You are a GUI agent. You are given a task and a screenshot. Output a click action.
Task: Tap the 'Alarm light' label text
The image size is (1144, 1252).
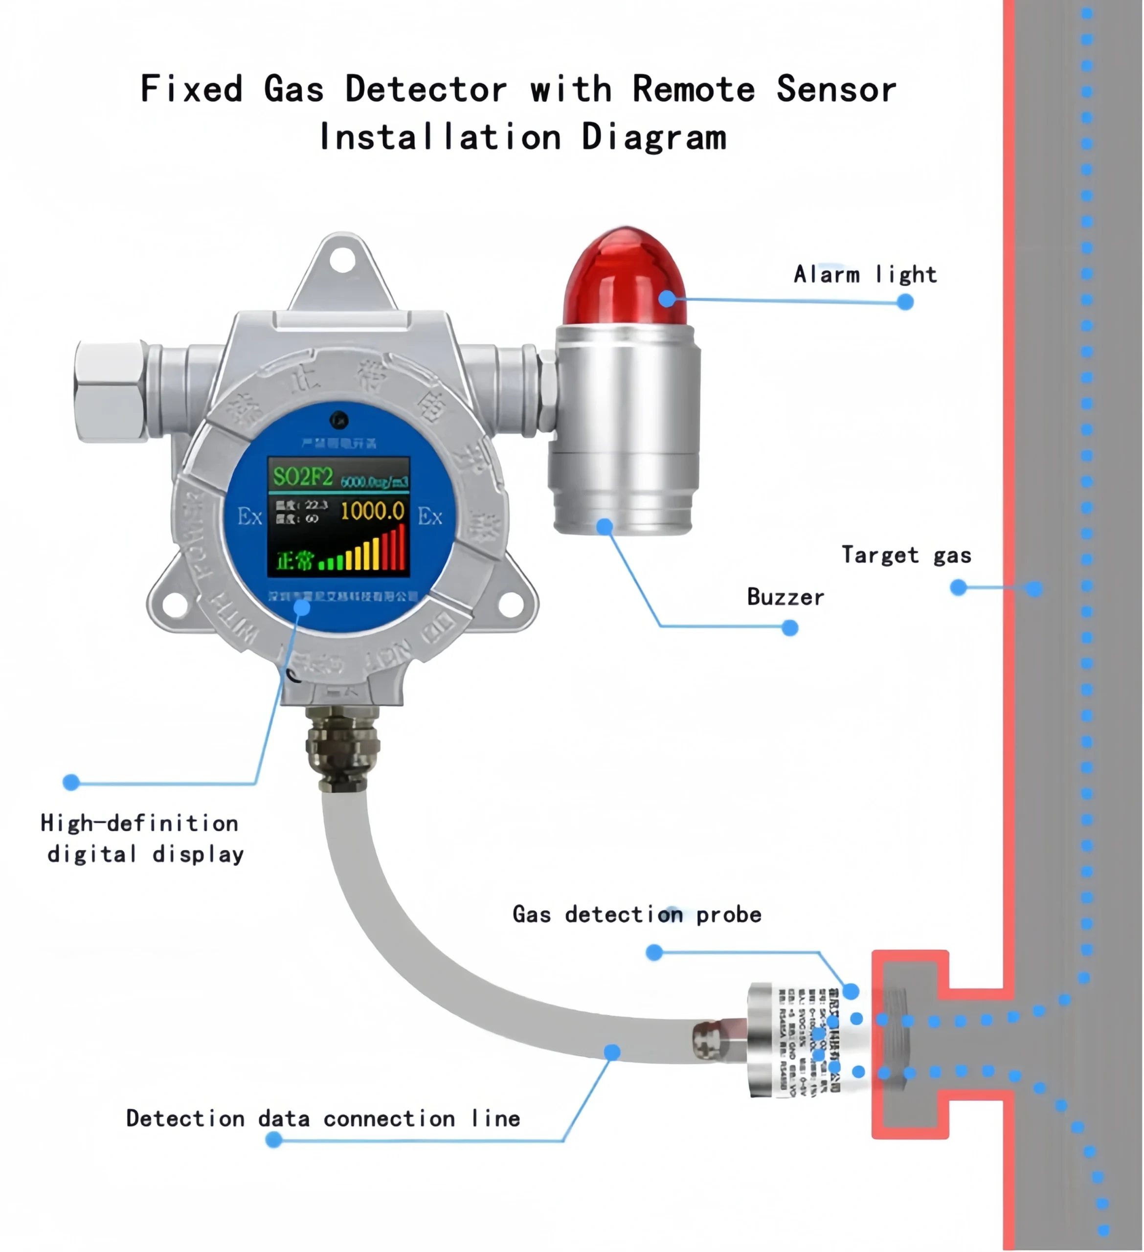865,274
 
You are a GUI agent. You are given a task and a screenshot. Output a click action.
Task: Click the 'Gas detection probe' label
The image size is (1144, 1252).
637,915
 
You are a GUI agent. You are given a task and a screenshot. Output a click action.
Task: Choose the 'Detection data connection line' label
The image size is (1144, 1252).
323,1118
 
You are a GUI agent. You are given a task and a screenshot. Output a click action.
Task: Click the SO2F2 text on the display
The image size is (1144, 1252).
303,477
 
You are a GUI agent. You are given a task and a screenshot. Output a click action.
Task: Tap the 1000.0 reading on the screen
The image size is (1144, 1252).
373,511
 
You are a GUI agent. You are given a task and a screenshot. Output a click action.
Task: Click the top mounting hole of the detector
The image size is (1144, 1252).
342,260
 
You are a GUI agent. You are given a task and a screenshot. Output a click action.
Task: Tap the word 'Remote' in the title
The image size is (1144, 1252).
693,89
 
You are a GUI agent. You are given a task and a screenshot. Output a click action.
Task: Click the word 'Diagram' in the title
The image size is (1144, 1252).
653,137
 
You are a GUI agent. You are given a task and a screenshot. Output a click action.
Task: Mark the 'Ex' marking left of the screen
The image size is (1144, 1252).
249,516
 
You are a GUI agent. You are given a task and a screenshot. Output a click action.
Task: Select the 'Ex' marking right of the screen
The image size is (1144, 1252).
430,516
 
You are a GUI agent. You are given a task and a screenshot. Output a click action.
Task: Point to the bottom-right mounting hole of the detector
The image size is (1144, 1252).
510,605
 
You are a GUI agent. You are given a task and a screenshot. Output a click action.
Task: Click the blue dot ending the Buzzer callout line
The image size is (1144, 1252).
789,628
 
